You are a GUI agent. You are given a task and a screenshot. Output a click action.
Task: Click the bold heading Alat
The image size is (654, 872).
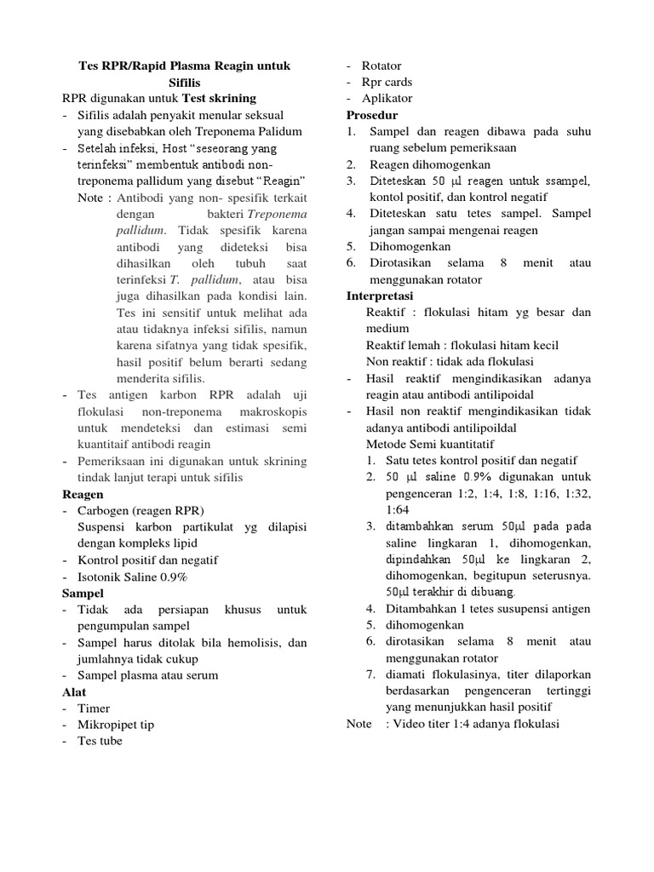pyautogui.click(x=75, y=691)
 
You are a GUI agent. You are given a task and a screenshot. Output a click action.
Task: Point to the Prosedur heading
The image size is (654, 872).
pyautogui.click(x=372, y=115)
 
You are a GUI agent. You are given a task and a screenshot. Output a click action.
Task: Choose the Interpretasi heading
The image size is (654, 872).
pyautogui.click(x=380, y=295)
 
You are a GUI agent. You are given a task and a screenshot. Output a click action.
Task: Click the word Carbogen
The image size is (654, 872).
pyautogui.click(x=105, y=510)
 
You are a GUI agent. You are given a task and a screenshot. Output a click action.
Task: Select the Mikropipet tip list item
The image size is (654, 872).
pyautogui.click(x=116, y=725)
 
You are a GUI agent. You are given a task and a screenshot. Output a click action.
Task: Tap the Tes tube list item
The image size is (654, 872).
pyautogui.click(x=100, y=741)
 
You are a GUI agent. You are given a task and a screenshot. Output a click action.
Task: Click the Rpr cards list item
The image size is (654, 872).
pyautogui.click(x=387, y=82)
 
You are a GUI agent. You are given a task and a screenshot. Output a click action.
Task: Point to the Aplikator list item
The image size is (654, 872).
pyautogui.click(x=387, y=98)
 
